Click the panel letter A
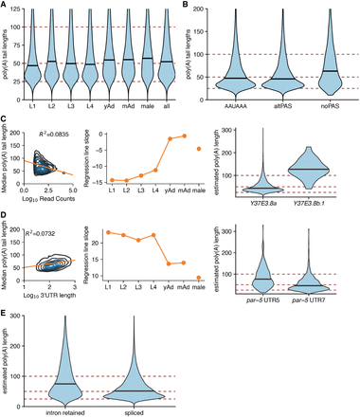coord(5,5)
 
